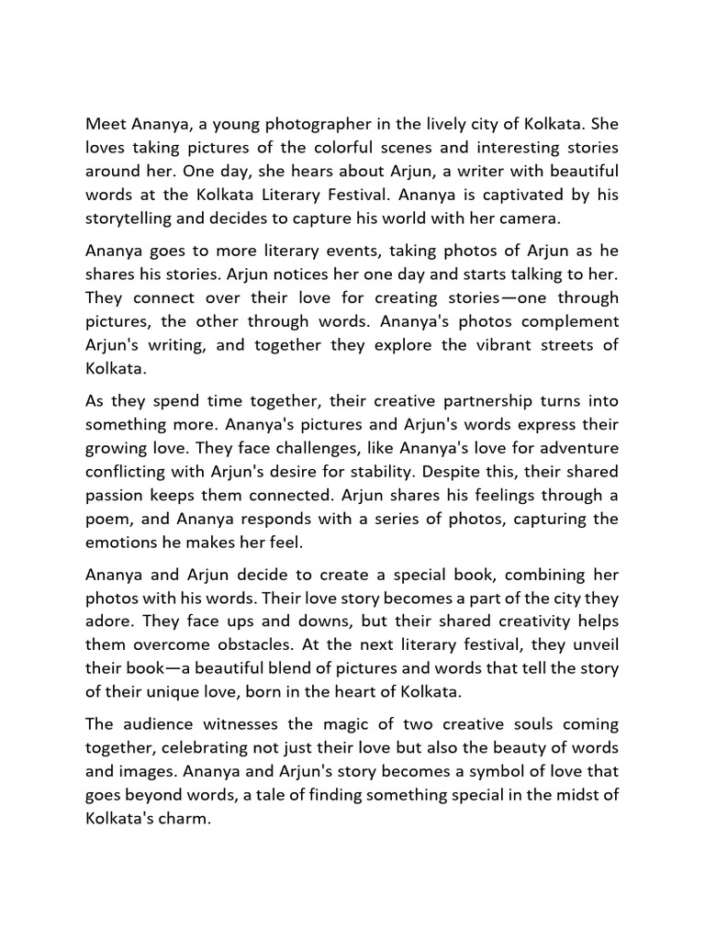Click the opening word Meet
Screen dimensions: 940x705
coord(106,124)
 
